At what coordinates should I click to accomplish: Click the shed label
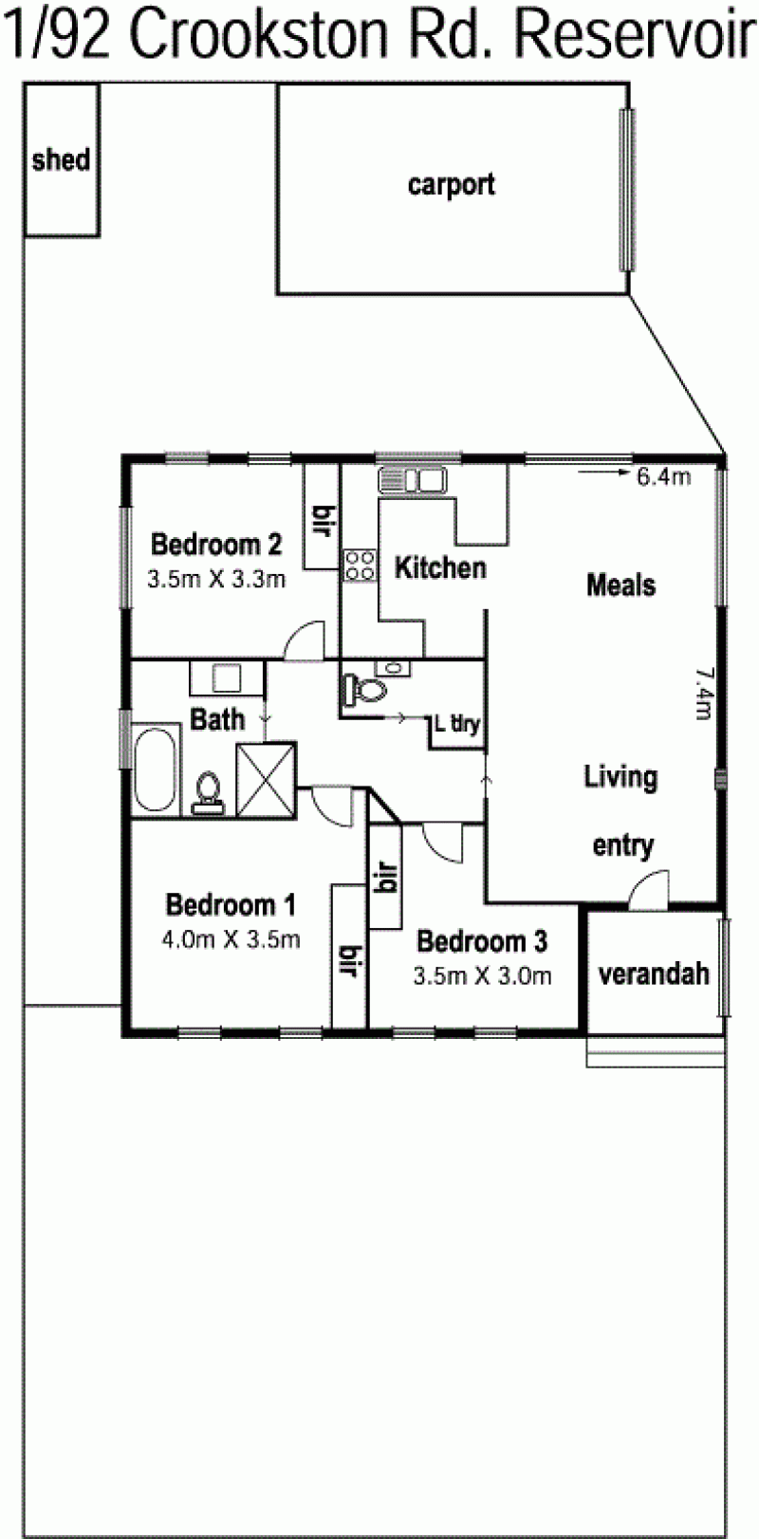point(61,160)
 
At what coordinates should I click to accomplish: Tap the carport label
point(452,186)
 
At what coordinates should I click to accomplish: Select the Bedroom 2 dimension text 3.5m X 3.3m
point(216,579)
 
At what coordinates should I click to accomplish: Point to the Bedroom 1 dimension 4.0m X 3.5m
point(231,939)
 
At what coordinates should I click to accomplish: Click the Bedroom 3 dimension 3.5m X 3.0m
point(482,975)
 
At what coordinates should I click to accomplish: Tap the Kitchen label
point(440,567)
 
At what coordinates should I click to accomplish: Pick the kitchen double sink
point(412,479)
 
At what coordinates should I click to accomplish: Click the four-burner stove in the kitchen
point(360,566)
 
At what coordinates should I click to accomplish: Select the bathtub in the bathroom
point(156,769)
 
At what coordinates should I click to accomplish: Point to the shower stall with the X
point(266,779)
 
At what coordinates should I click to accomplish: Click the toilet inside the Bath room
point(208,793)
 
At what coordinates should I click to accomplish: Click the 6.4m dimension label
point(663,476)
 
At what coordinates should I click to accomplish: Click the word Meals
point(620,585)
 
